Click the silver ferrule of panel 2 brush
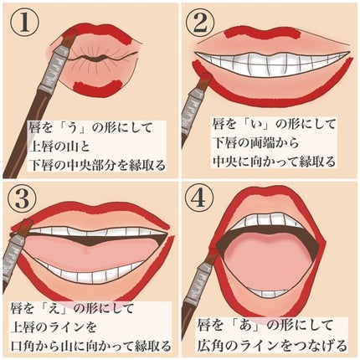(195, 95)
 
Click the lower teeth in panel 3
(92, 273)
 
